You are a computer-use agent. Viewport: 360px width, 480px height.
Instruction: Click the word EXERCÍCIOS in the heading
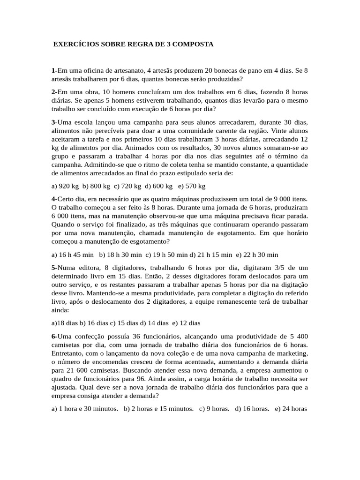(74, 44)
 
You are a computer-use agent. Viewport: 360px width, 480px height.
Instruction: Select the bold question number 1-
(54, 70)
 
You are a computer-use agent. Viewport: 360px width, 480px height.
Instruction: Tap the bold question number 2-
(54, 91)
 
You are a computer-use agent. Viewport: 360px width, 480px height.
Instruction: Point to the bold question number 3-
(54, 122)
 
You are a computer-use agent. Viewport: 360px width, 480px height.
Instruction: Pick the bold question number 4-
(54, 199)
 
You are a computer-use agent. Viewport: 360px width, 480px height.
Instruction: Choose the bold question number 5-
(54, 267)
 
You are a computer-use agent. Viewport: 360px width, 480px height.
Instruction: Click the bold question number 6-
(54, 337)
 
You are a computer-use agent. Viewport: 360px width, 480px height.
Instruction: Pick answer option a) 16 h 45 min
(73, 255)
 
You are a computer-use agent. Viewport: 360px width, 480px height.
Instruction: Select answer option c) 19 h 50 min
(167, 255)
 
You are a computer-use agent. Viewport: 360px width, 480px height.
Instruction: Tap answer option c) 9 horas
(214, 408)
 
